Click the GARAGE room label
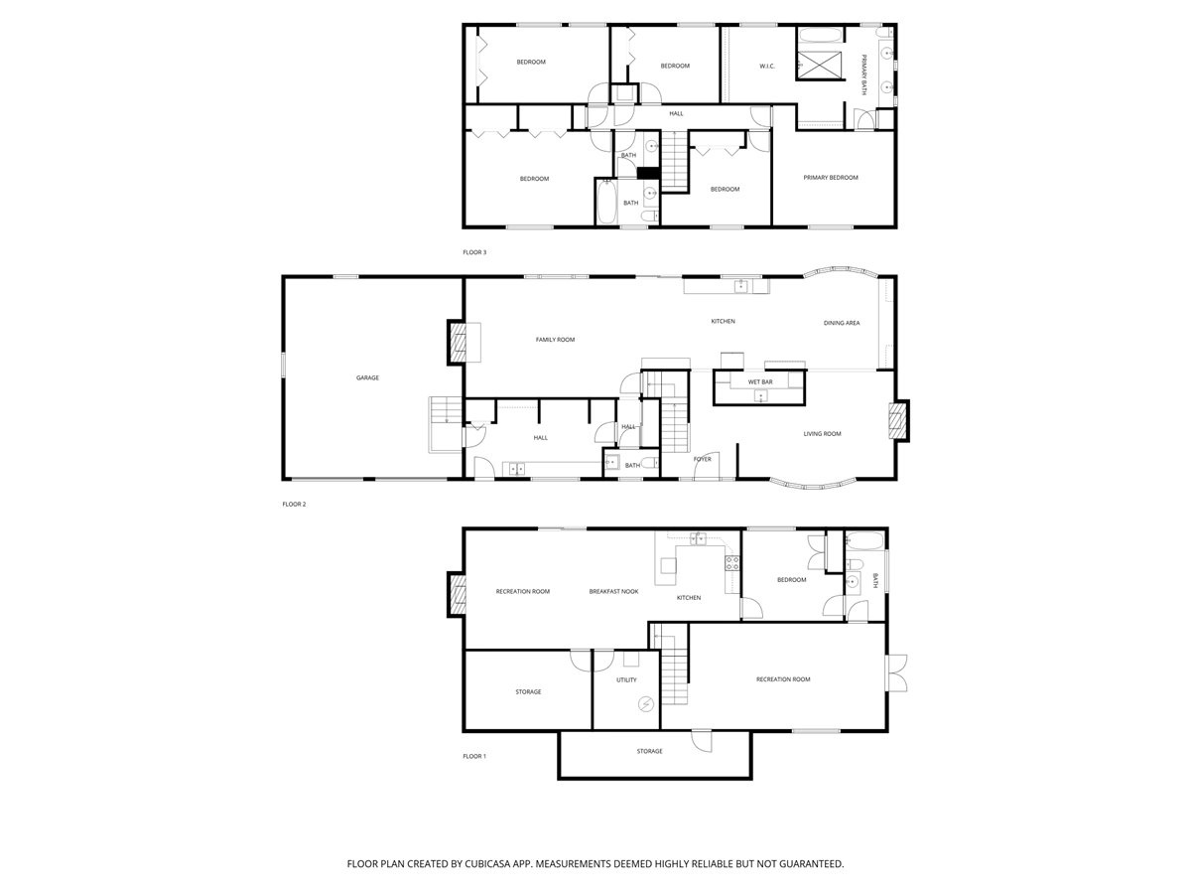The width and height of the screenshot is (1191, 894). [367, 377]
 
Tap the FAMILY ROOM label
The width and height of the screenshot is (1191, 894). [555, 340]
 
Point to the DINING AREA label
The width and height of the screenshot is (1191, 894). [842, 323]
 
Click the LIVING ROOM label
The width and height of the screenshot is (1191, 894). [822, 433]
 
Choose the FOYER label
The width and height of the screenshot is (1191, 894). [702, 459]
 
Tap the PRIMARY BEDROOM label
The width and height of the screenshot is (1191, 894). [831, 178]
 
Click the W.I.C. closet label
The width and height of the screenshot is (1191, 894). [766, 67]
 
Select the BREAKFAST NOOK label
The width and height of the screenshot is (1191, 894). [613, 592]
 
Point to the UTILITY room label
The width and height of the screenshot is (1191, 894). [625, 680]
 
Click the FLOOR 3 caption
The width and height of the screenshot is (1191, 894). [474, 252]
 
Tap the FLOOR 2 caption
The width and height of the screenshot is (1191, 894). [294, 505]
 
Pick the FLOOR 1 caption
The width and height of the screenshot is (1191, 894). [474, 757]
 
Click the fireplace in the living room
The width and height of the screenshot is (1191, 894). [898, 420]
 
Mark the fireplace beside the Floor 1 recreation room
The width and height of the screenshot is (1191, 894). [457, 594]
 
